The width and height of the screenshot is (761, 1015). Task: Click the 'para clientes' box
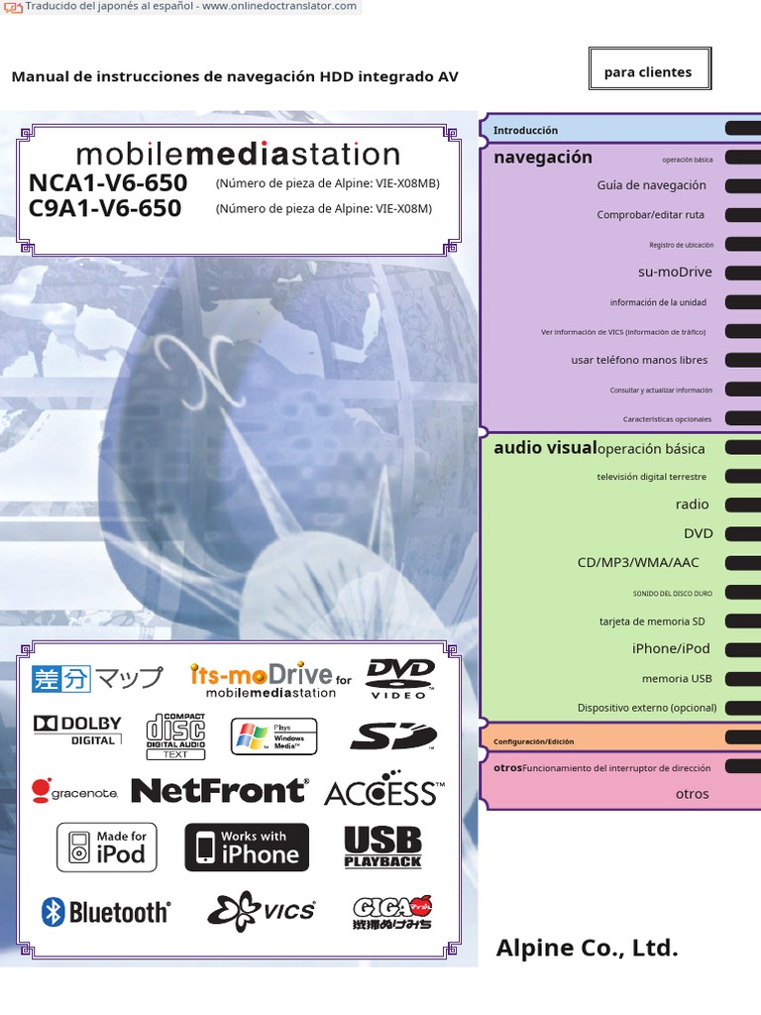[648, 71]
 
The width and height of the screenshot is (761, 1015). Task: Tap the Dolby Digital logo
[77, 731]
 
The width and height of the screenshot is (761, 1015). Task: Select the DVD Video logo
[400, 678]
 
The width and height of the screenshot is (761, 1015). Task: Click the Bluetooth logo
[106, 912]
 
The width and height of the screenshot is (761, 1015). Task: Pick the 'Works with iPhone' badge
[247, 847]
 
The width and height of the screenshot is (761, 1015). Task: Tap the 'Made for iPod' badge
[106, 847]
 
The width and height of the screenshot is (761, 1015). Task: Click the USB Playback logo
[382, 847]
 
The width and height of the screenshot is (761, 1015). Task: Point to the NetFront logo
[219, 790]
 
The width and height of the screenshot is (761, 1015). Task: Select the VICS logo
[262, 910]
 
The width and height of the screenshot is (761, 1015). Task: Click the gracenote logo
[75, 791]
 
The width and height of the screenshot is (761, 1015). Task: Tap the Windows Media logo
[273, 736]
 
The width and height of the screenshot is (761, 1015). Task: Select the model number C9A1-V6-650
[105, 208]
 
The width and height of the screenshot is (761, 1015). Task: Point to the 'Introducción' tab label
[526, 131]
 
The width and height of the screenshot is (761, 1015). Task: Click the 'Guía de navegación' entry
[651, 185]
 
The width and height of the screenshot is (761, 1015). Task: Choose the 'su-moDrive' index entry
[675, 272]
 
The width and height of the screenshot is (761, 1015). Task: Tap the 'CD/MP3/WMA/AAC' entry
[638, 562]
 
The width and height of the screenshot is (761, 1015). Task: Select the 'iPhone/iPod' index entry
[671, 648]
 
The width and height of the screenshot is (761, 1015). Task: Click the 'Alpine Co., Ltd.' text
[587, 948]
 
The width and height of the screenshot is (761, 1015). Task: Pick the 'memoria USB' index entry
[677, 679]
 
